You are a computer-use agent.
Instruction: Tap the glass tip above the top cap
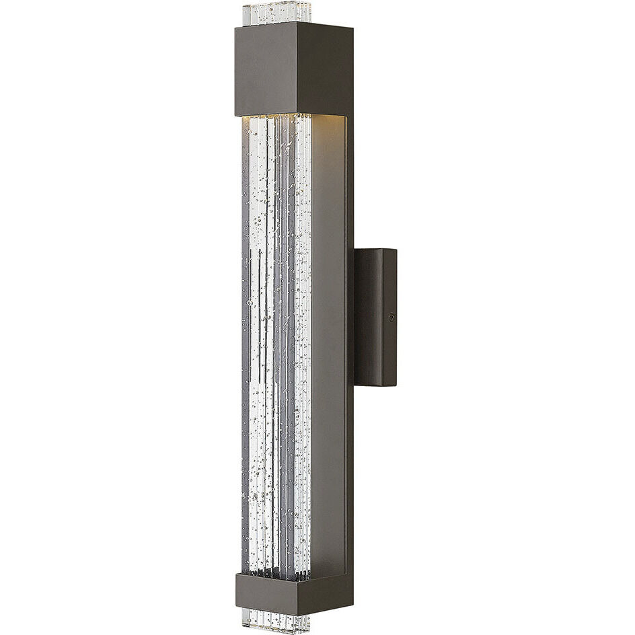click(x=276, y=13)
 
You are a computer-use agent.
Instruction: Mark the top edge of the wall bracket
click(x=375, y=250)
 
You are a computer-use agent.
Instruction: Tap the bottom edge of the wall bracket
click(x=375, y=385)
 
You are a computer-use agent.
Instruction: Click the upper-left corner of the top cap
click(x=236, y=28)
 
